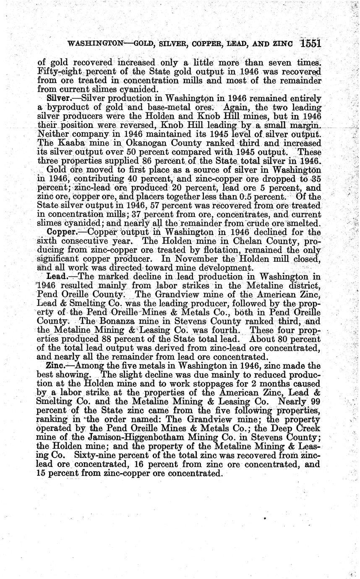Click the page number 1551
[310, 43]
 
